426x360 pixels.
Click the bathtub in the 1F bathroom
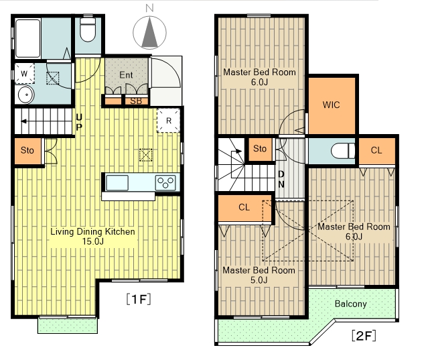click(28, 38)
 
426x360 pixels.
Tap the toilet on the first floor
click(88, 29)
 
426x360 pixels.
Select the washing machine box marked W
click(25, 73)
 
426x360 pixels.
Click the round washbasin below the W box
click(26, 95)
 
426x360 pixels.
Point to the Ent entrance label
click(126, 75)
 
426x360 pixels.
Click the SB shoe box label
click(136, 101)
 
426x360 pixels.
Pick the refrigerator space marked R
click(168, 121)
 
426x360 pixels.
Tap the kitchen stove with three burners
click(165, 182)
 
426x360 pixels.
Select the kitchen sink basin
click(117, 183)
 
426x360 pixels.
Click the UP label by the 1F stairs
click(79, 123)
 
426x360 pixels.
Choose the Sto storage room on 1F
click(27, 150)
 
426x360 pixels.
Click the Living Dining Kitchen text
click(92, 232)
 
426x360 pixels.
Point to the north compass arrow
click(149, 32)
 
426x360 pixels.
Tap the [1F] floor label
click(139, 299)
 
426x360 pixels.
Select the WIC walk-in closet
click(332, 105)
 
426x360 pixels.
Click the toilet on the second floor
click(343, 151)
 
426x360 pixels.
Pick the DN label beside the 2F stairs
click(281, 179)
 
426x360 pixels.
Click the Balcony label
click(350, 304)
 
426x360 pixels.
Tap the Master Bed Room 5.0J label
click(259, 275)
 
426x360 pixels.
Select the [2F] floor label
click(364, 336)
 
